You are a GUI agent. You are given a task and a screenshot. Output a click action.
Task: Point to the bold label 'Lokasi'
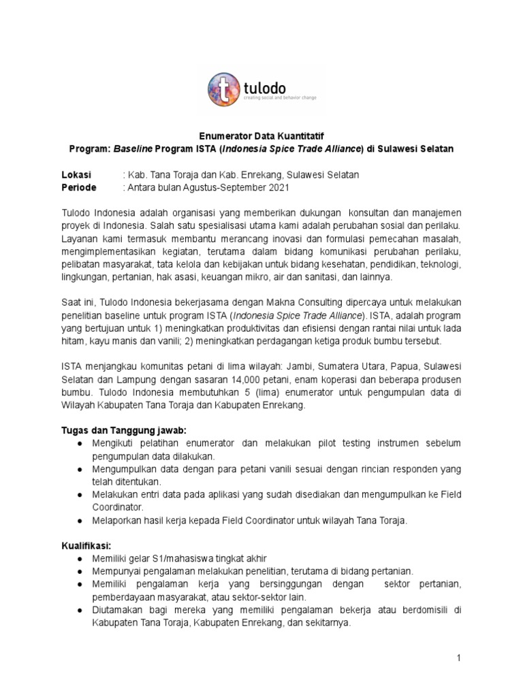point(76,175)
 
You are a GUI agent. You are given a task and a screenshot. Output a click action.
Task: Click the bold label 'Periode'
point(79,187)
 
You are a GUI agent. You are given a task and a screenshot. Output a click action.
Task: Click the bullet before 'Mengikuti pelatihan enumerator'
point(81,444)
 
